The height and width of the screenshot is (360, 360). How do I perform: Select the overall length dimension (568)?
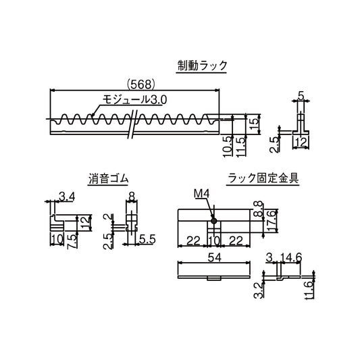[141, 84]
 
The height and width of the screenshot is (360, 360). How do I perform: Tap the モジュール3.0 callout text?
[134, 99]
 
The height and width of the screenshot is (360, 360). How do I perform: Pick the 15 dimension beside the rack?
[253, 124]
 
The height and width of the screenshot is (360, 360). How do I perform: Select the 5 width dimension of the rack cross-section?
[301, 97]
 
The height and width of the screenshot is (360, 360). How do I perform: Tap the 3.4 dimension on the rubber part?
[66, 197]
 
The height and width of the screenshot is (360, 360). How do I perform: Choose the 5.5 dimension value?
[148, 239]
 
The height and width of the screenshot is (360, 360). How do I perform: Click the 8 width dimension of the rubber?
[132, 197]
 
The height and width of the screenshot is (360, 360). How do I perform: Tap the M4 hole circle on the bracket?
[213, 220]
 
